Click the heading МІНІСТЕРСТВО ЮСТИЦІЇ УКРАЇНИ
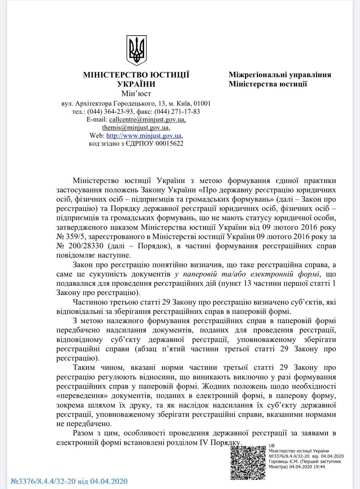(x=136, y=79)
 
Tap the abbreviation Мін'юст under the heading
(x=136, y=94)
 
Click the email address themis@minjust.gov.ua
(x=136, y=128)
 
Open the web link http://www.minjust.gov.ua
(x=144, y=136)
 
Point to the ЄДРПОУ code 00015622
(x=169, y=144)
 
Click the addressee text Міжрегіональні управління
(x=280, y=75)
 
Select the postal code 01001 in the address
(x=202, y=104)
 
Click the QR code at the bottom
(x=248, y=462)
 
